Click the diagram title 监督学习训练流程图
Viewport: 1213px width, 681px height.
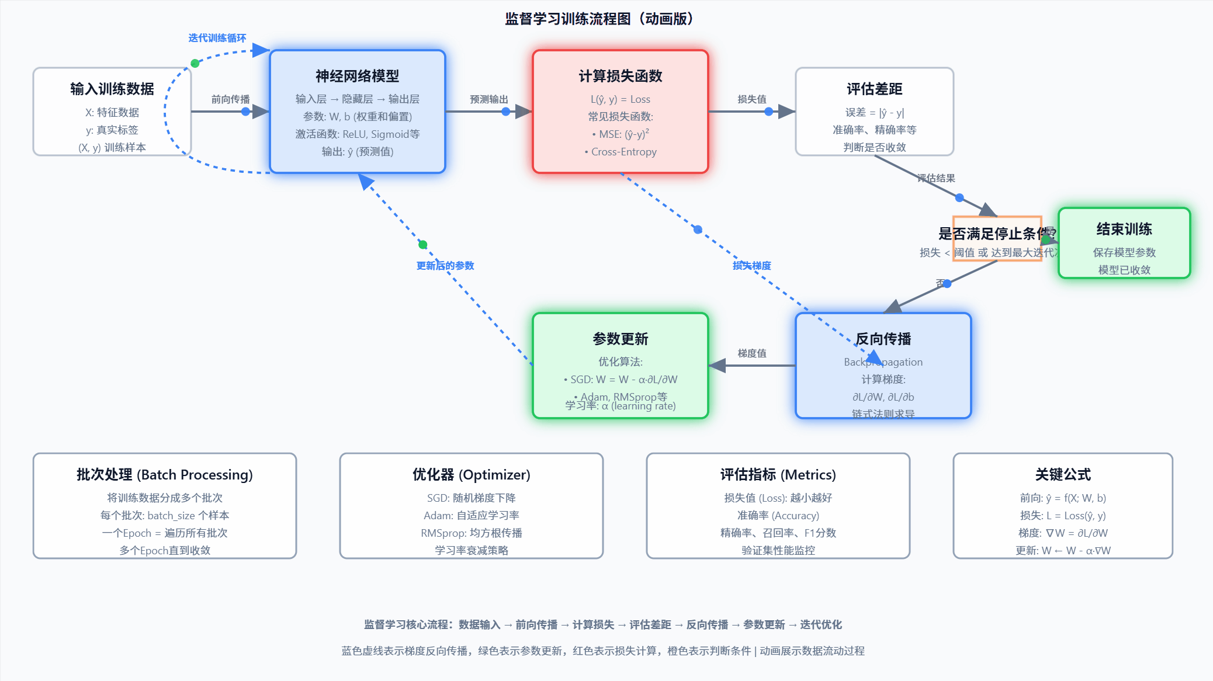[x=599, y=19]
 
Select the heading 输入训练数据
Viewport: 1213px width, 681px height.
[x=112, y=89]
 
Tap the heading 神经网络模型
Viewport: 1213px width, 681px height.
[x=357, y=76]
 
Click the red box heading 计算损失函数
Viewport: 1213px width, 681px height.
[x=620, y=76]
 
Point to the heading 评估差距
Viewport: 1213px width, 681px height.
[x=874, y=89]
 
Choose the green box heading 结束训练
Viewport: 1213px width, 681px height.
[x=1124, y=229]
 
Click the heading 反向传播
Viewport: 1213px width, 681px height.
[x=883, y=339]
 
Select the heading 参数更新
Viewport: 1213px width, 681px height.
[x=620, y=339]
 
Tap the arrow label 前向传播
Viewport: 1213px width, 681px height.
[x=230, y=99]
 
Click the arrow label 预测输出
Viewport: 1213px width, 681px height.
[x=488, y=99]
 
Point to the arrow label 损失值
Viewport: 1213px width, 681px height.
[x=751, y=99]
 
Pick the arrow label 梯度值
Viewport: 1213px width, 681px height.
[x=751, y=353]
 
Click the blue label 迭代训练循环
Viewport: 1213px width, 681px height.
[x=217, y=38]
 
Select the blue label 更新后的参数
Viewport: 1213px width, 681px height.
[x=445, y=266]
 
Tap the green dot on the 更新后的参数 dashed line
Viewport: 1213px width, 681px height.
[x=423, y=245]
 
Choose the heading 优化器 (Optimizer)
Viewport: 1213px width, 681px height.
[x=471, y=474]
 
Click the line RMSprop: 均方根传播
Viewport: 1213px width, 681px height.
[x=471, y=533]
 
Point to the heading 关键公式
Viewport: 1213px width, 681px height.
[x=1062, y=474]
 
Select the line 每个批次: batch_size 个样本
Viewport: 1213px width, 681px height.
[x=164, y=515]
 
